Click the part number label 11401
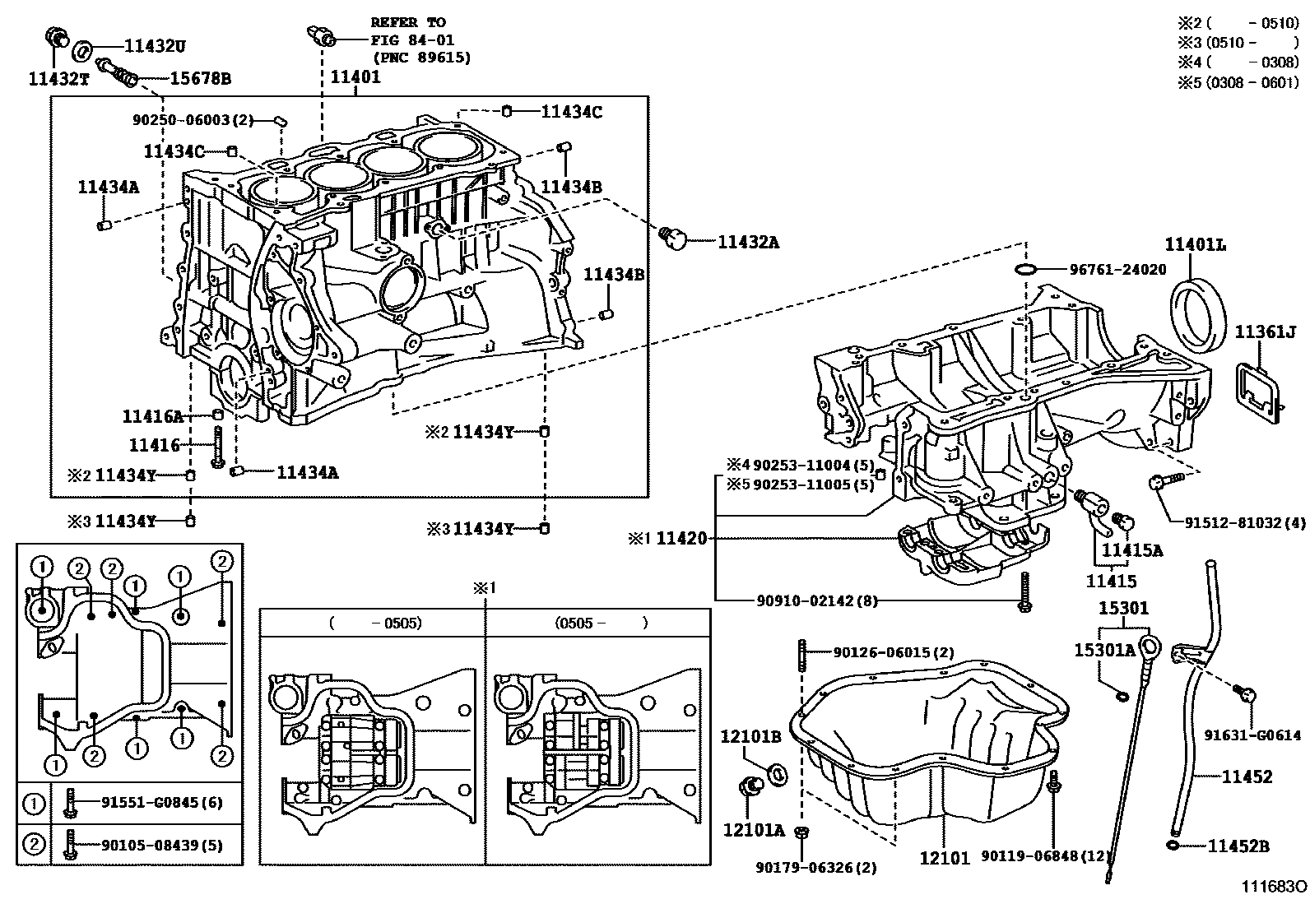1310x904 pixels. pos(355,76)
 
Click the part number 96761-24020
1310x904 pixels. pos(1117,270)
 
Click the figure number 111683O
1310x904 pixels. pos(1274,887)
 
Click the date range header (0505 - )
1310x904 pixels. pos(601,623)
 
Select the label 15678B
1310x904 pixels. pos(200,79)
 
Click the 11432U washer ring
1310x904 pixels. pos(82,50)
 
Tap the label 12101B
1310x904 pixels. pos(750,736)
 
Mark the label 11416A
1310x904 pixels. pos(152,416)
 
